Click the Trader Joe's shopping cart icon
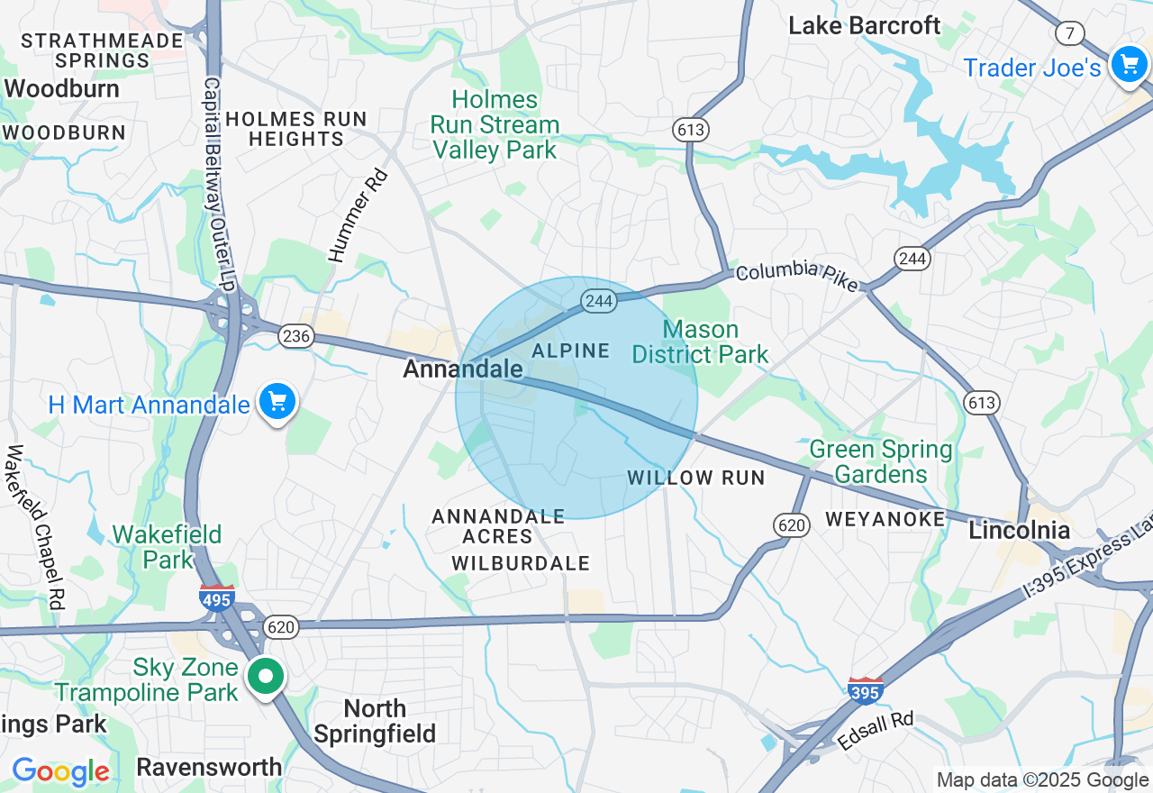(x=1128, y=65)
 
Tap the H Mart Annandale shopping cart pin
(x=277, y=401)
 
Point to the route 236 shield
(x=295, y=336)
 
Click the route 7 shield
(x=1069, y=34)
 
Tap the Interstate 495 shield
(x=218, y=597)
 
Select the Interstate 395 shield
(x=865, y=691)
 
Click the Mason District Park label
(x=700, y=342)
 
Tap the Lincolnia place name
(x=1019, y=530)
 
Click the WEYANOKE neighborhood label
(x=885, y=519)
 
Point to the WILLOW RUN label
(x=696, y=478)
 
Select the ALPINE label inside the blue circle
(x=571, y=351)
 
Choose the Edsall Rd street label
(x=875, y=732)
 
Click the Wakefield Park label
(x=167, y=547)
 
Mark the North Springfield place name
(x=375, y=721)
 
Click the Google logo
(x=60, y=771)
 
